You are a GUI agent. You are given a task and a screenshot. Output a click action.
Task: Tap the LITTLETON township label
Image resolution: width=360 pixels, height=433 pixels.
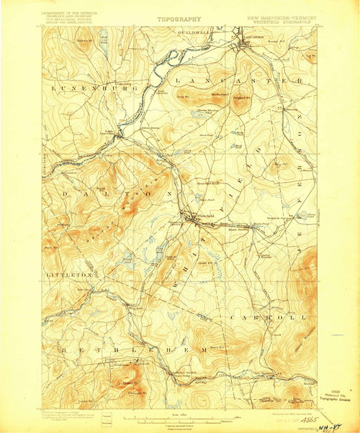click(70, 274)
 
